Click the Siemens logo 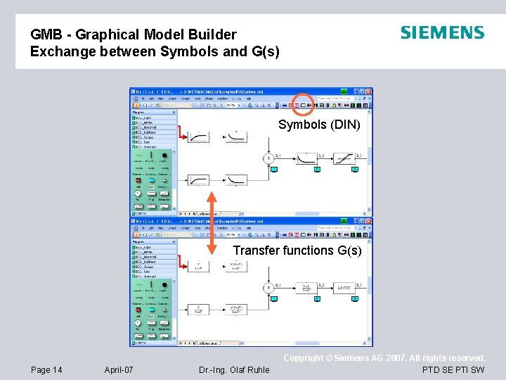(x=442, y=32)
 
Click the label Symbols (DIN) (x=319, y=125)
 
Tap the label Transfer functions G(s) (x=297, y=250)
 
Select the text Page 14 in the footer (x=47, y=370)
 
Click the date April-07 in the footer (x=119, y=370)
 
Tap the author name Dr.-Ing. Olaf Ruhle (x=234, y=370)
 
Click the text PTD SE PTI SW (x=453, y=370)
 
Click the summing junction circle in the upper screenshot (x=268, y=158)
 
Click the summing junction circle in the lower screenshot (x=268, y=288)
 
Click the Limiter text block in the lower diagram (x=344, y=288)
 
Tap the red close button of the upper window (x=368, y=91)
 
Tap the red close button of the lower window (x=368, y=220)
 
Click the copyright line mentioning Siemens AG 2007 (x=384, y=358)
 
